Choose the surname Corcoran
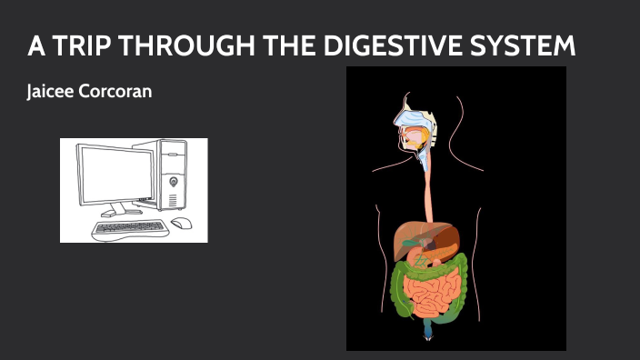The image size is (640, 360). pos(119,93)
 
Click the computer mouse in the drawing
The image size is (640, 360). pos(181,223)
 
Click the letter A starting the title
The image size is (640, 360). pos(34,47)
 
